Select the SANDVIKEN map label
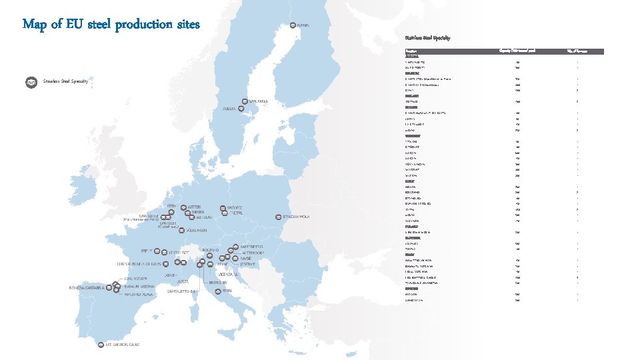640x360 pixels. click(258, 101)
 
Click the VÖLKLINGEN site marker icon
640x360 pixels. click(171, 231)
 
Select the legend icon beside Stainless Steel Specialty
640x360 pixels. click(31, 82)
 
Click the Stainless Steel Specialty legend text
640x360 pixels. click(65, 82)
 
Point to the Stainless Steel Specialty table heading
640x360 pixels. click(427, 38)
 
